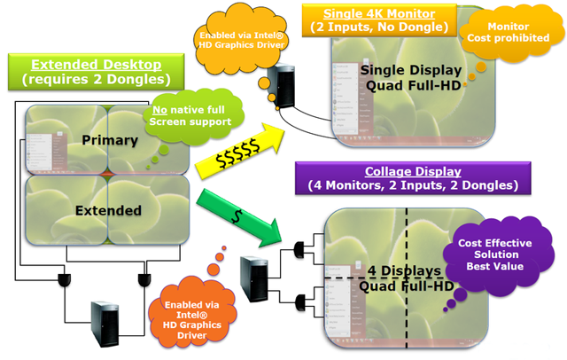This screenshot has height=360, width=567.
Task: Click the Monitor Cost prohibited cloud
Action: (x=503, y=35)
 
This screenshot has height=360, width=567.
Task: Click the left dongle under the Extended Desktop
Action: (x=65, y=281)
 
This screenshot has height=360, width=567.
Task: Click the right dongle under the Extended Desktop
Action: (x=143, y=281)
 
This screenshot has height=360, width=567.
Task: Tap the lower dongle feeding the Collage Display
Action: (x=299, y=298)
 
